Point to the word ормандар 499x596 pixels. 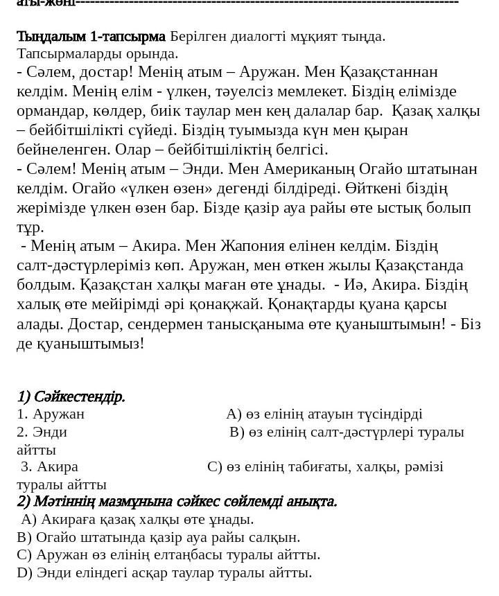[x=49, y=111]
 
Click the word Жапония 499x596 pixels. [x=256, y=246]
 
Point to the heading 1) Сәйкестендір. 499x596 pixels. [x=71, y=396]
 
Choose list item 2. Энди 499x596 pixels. [x=42, y=432]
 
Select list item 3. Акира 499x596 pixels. [x=49, y=466]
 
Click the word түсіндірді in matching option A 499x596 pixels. [x=389, y=414]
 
